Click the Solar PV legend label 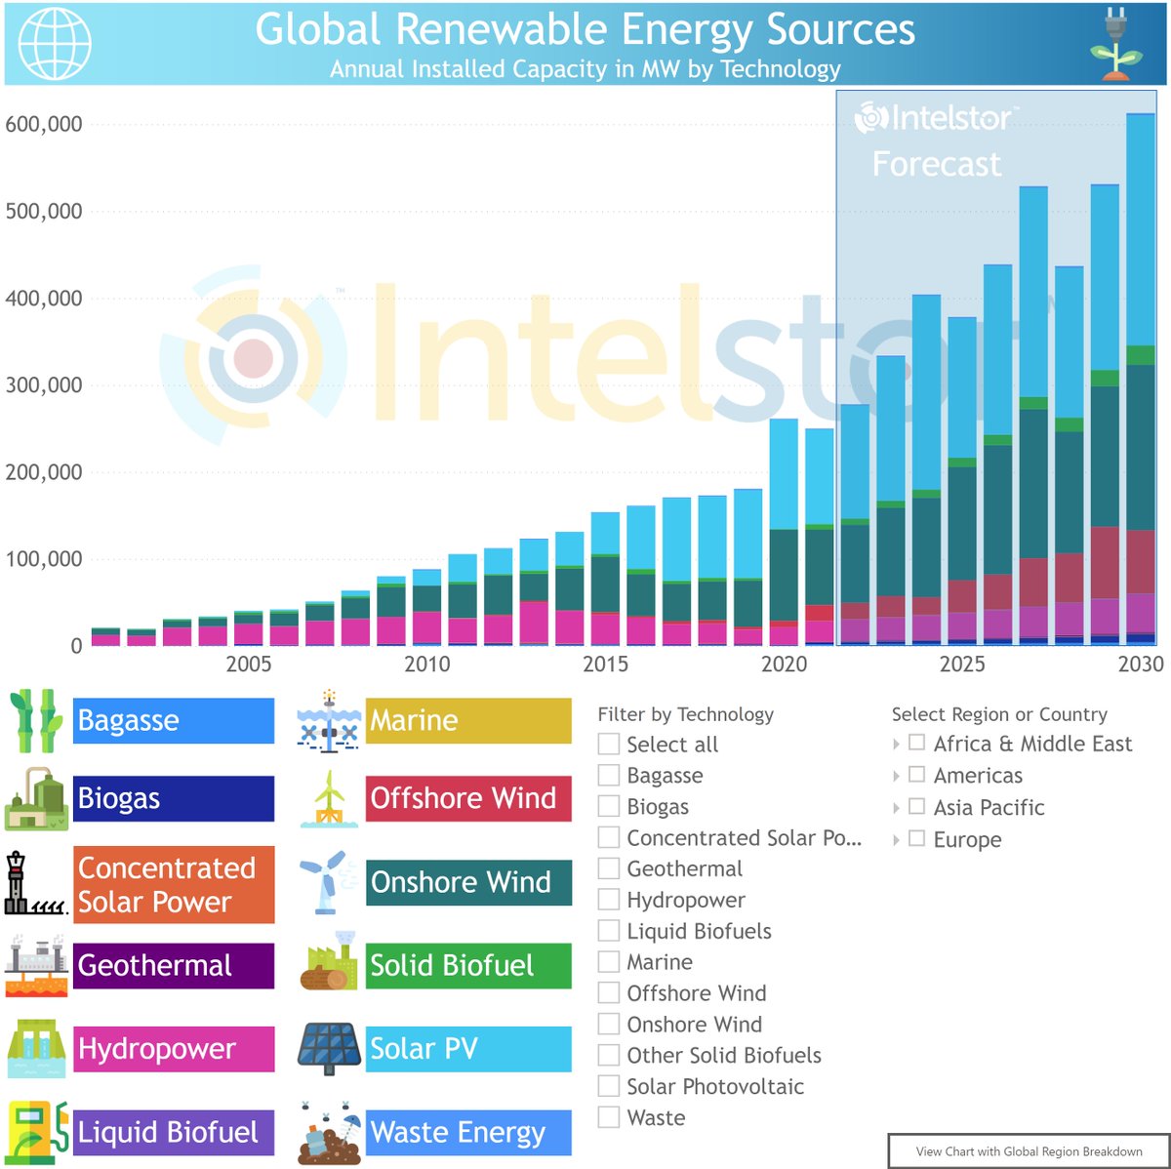[467, 1049]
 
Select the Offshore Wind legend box [467, 798]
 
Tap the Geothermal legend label [173, 965]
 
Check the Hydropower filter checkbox [609, 900]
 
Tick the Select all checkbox [609, 745]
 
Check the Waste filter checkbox [609, 1117]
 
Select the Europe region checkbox [916, 838]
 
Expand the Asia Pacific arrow [896, 808]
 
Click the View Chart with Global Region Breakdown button [1028, 1151]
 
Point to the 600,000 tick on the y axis [44, 124]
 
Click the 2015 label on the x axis [605, 665]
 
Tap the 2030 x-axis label [1140, 665]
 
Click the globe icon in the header [55, 43]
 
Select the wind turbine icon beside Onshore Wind [328, 882]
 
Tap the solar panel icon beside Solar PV [330, 1049]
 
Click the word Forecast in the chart [936, 164]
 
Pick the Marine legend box [467, 721]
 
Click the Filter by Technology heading [685, 714]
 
